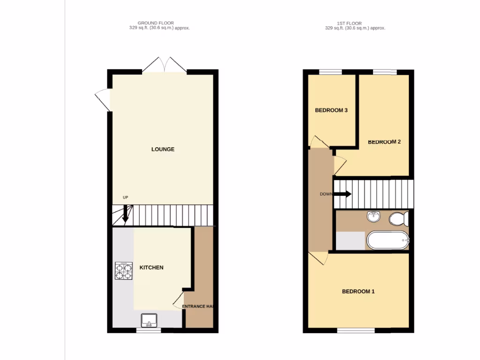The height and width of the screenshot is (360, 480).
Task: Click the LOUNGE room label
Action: click(x=163, y=150)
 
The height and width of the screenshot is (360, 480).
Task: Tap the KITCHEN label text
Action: click(x=151, y=268)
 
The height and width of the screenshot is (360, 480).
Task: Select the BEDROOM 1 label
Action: click(x=358, y=292)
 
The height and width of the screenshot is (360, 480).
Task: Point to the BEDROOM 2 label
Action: click(x=384, y=142)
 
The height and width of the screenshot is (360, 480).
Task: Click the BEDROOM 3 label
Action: click(x=331, y=111)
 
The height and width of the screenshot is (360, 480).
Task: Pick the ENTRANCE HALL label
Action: click(x=198, y=307)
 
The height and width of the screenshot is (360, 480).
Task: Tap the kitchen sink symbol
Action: click(x=150, y=320)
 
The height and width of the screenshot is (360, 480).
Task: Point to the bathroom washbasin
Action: click(x=374, y=217)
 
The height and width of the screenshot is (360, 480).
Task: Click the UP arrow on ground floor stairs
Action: click(x=125, y=213)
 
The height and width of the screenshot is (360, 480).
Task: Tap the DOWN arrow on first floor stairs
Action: click(x=343, y=194)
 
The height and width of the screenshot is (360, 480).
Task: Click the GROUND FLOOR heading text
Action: click(x=156, y=23)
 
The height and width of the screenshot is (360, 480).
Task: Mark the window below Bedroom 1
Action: click(x=356, y=330)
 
